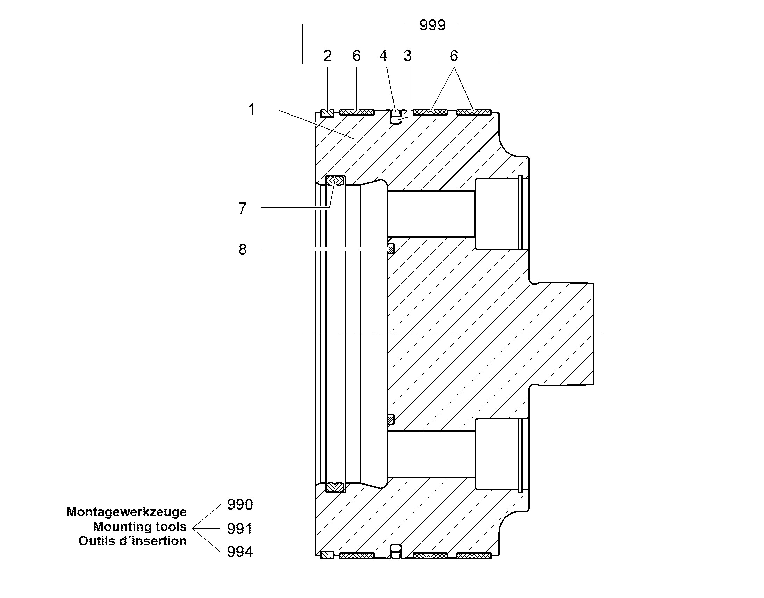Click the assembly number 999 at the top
point(432,25)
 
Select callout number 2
point(327,56)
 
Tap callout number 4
point(383,56)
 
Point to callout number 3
point(407,56)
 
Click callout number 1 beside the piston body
point(252,109)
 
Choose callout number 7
point(243,208)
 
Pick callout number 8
point(243,249)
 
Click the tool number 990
point(240,504)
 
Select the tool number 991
point(240,529)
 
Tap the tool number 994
point(240,552)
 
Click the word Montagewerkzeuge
point(127,512)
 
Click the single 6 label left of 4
point(356,56)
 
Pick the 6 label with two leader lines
point(454,56)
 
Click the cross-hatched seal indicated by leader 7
point(335,180)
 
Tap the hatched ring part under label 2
point(327,113)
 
